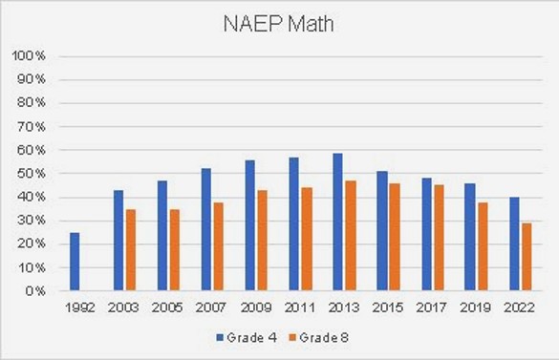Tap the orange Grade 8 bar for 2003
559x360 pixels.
click(130, 250)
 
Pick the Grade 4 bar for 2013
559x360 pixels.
click(337, 222)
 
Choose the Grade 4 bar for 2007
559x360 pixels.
click(206, 229)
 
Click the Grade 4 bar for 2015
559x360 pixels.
click(381, 231)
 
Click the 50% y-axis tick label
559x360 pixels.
click(31, 174)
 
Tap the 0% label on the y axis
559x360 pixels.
click(33, 291)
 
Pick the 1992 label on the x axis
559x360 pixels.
click(80, 308)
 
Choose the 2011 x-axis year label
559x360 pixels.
click(300, 308)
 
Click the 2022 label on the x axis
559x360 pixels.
click(518, 308)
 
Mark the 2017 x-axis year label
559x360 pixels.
click(431, 308)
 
